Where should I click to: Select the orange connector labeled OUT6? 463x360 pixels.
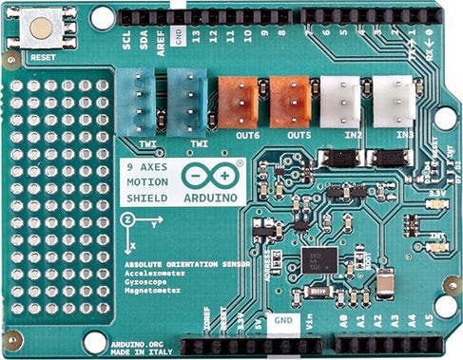click(238, 101)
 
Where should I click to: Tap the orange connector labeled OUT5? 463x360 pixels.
click(288, 101)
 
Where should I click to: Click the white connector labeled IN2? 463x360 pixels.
click(339, 100)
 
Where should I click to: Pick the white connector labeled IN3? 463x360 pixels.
click(392, 100)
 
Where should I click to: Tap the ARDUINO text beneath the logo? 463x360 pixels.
click(203, 198)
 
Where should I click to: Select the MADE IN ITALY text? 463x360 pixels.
click(143, 354)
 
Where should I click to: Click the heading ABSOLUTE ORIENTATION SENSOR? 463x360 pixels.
click(186, 261)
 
